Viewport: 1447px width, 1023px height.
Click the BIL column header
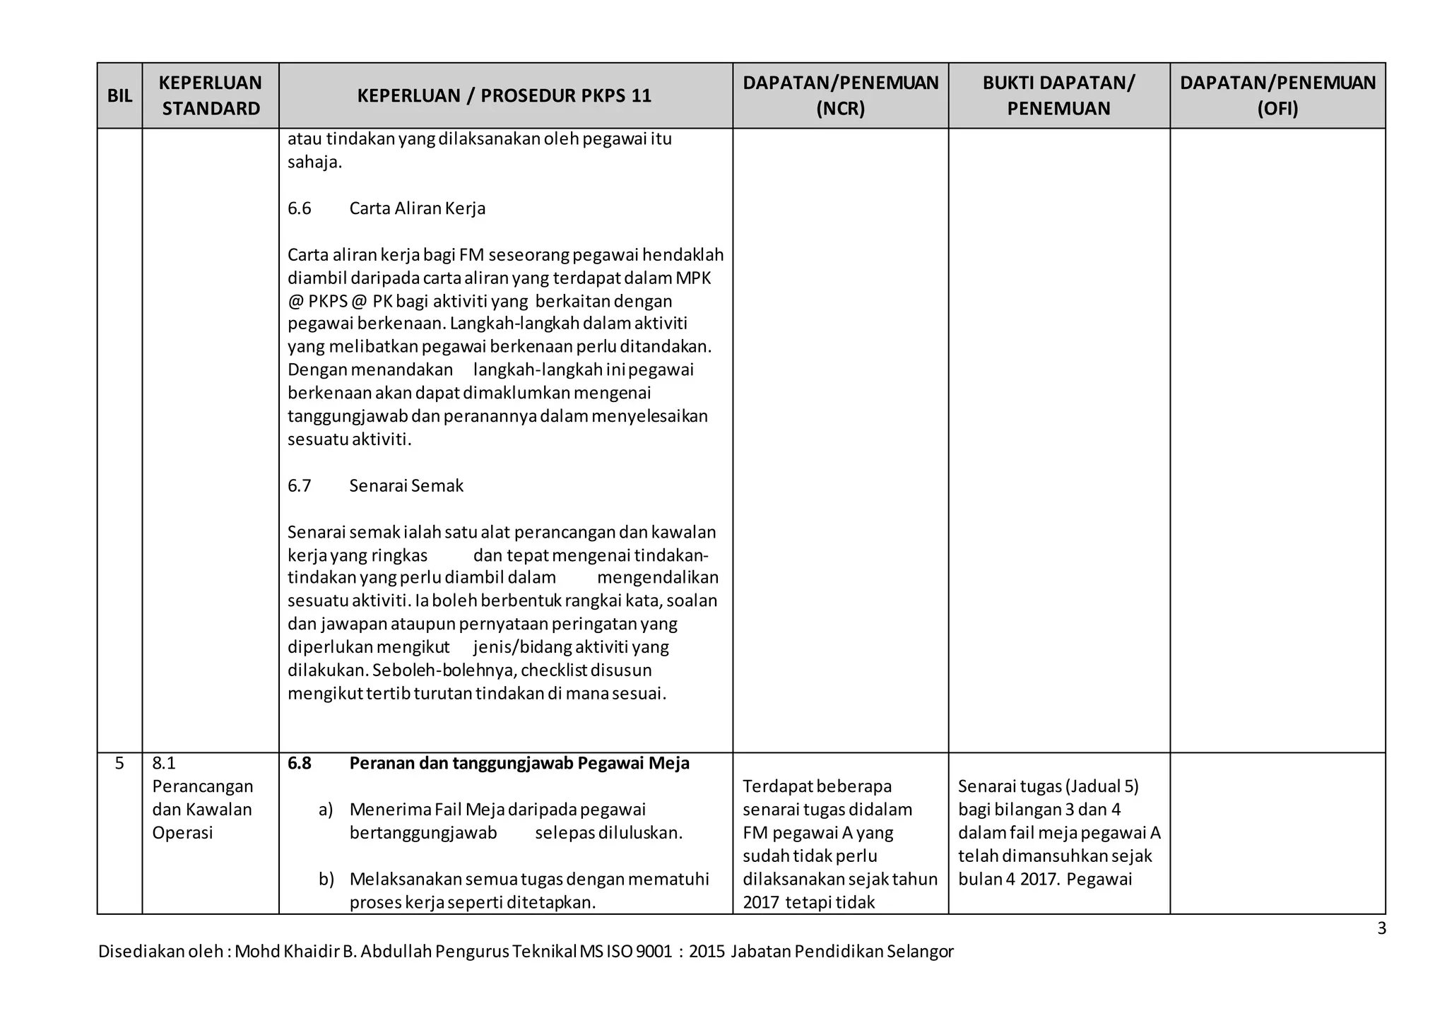pos(119,96)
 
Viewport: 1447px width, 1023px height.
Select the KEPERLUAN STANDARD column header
pos(211,95)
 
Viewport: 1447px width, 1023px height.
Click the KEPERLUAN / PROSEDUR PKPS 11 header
pos(504,96)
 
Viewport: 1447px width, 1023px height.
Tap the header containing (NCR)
pos(840,95)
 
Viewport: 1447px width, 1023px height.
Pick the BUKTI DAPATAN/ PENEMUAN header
pos(1058,95)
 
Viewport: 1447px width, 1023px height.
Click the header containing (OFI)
pos(1277,95)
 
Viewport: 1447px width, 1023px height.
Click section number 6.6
pos(300,208)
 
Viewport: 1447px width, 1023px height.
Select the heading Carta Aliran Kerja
pos(417,208)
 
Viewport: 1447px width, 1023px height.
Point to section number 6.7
pos(300,486)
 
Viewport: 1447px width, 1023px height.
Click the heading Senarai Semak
pos(406,486)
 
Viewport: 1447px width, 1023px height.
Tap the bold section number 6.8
pos(300,764)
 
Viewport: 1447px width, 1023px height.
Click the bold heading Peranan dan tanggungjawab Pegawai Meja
pos(519,764)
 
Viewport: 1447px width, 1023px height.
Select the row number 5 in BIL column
pos(119,764)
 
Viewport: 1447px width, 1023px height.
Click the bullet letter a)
pos(326,810)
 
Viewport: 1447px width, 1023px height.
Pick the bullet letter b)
pos(326,880)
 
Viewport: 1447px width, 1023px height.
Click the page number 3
pos(1381,929)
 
